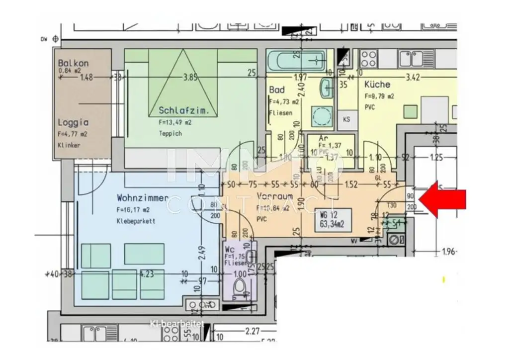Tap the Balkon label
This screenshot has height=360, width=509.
[73, 63]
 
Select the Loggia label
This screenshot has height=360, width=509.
[73, 122]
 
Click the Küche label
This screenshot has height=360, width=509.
[377, 85]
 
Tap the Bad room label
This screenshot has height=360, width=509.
[276, 90]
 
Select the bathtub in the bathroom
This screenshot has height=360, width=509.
[296, 62]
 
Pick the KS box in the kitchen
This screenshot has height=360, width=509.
[347, 119]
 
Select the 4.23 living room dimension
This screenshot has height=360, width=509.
[147, 273]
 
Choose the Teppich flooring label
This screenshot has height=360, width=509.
[170, 133]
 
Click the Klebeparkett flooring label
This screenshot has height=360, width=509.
[136, 221]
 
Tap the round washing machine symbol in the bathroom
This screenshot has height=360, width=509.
[322, 116]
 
